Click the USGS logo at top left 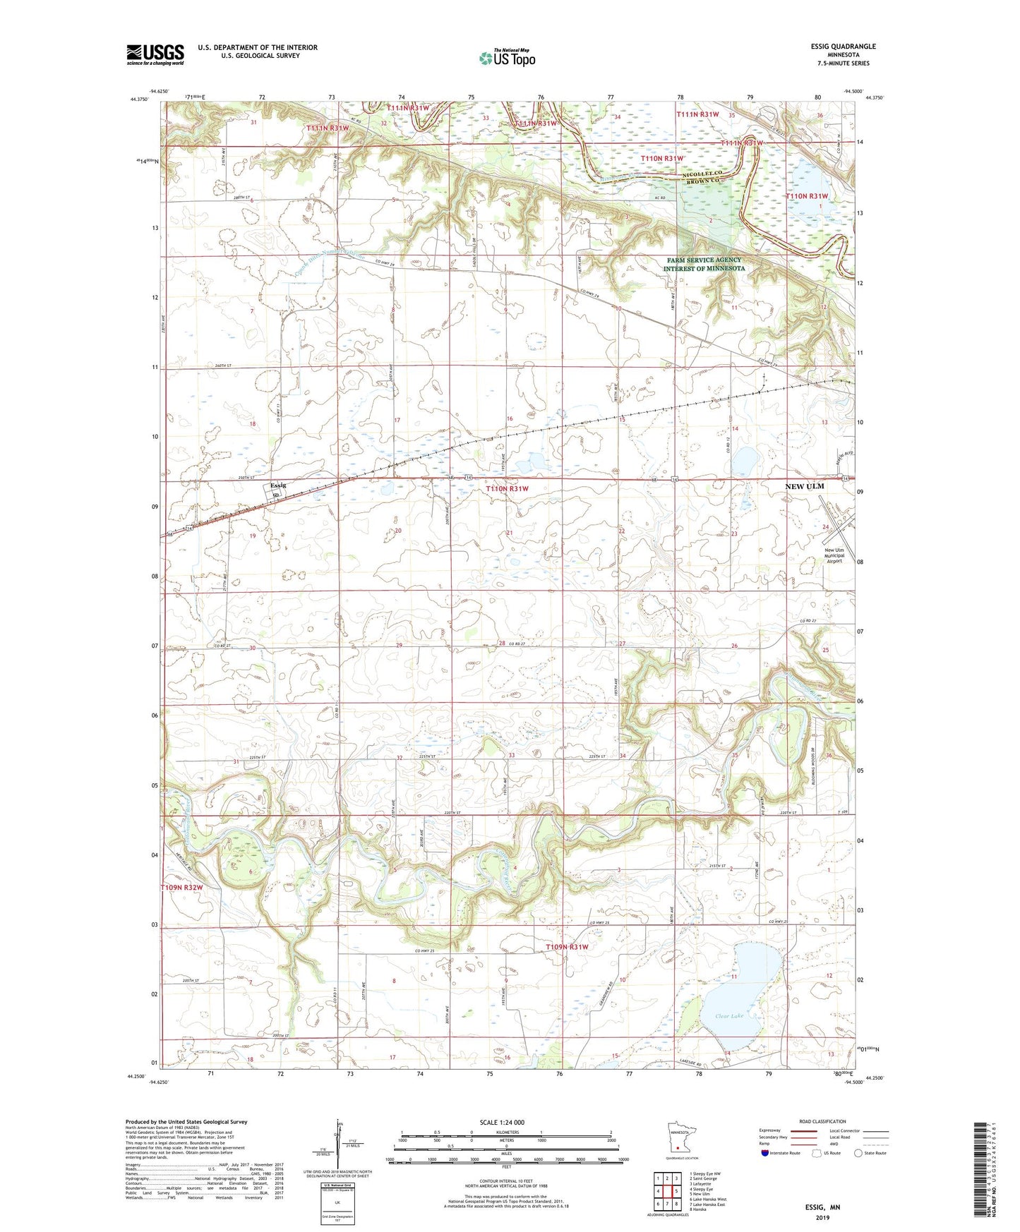pos(155,54)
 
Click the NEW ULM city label pos(805,486)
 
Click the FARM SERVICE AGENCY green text pos(704,260)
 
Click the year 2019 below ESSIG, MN pos(822,1217)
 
